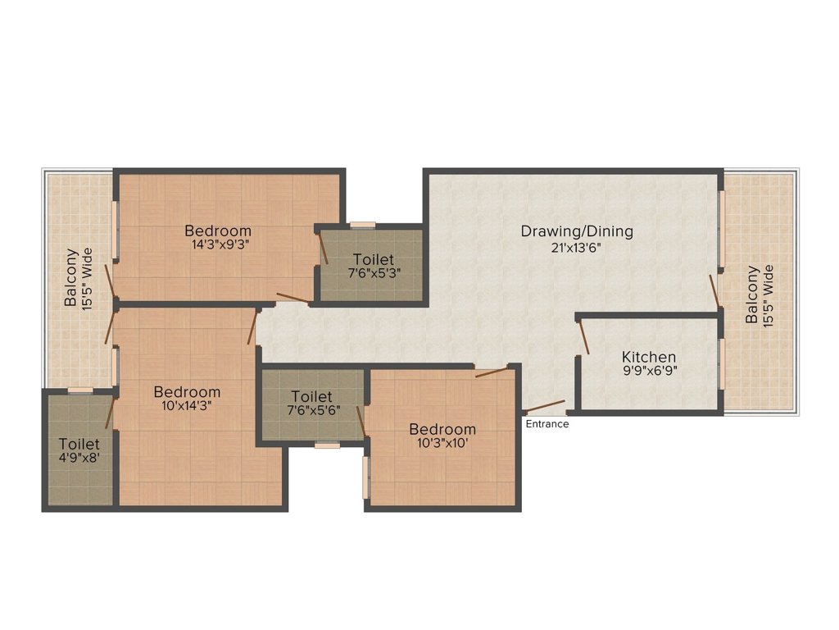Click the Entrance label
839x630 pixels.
[x=547, y=424]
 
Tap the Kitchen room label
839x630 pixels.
[x=649, y=357]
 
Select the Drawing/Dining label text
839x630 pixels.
[x=577, y=231]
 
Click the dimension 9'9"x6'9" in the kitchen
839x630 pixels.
[x=649, y=371]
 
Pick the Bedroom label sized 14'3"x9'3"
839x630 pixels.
[x=217, y=231]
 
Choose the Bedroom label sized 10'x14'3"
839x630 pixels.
[x=187, y=392]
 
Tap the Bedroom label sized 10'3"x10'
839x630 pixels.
[x=442, y=429]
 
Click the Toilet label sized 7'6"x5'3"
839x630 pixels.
[x=373, y=260]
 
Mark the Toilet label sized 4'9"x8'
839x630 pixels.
[x=79, y=444]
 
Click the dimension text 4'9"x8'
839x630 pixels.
[x=79, y=459]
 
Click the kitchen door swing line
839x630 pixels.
[x=583, y=337]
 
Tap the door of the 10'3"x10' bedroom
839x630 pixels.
[x=492, y=372]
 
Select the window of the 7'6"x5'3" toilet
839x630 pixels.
[x=362, y=225]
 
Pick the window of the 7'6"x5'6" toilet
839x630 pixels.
[x=327, y=445]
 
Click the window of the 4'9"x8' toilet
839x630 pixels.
[x=79, y=390]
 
